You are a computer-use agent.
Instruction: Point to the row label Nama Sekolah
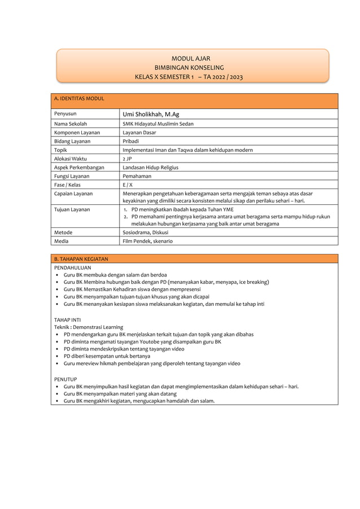pyautogui.click(x=71, y=124)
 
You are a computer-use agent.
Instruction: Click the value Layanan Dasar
pyautogui.click(x=139, y=133)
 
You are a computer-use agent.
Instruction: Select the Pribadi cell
pyautogui.click(x=131, y=141)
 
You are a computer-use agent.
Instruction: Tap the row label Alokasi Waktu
pyautogui.click(x=71, y=159)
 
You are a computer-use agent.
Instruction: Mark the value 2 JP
pyautogui.click(x=127, y=159)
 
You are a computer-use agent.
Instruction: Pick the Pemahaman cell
pyautogui.click(x=137, y=177)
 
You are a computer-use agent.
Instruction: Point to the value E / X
pyautogui.click(x=128, y=185)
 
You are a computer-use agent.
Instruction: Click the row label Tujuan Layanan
pyautogui.click(x=72, y=209)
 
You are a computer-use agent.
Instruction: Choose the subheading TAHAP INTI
pyautogui.click(x=67, y=319)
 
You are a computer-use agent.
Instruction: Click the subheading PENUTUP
pyautogui.click(x=65, y=379)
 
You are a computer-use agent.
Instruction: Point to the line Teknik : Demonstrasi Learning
pyautogui.click(x=89, y=327)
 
